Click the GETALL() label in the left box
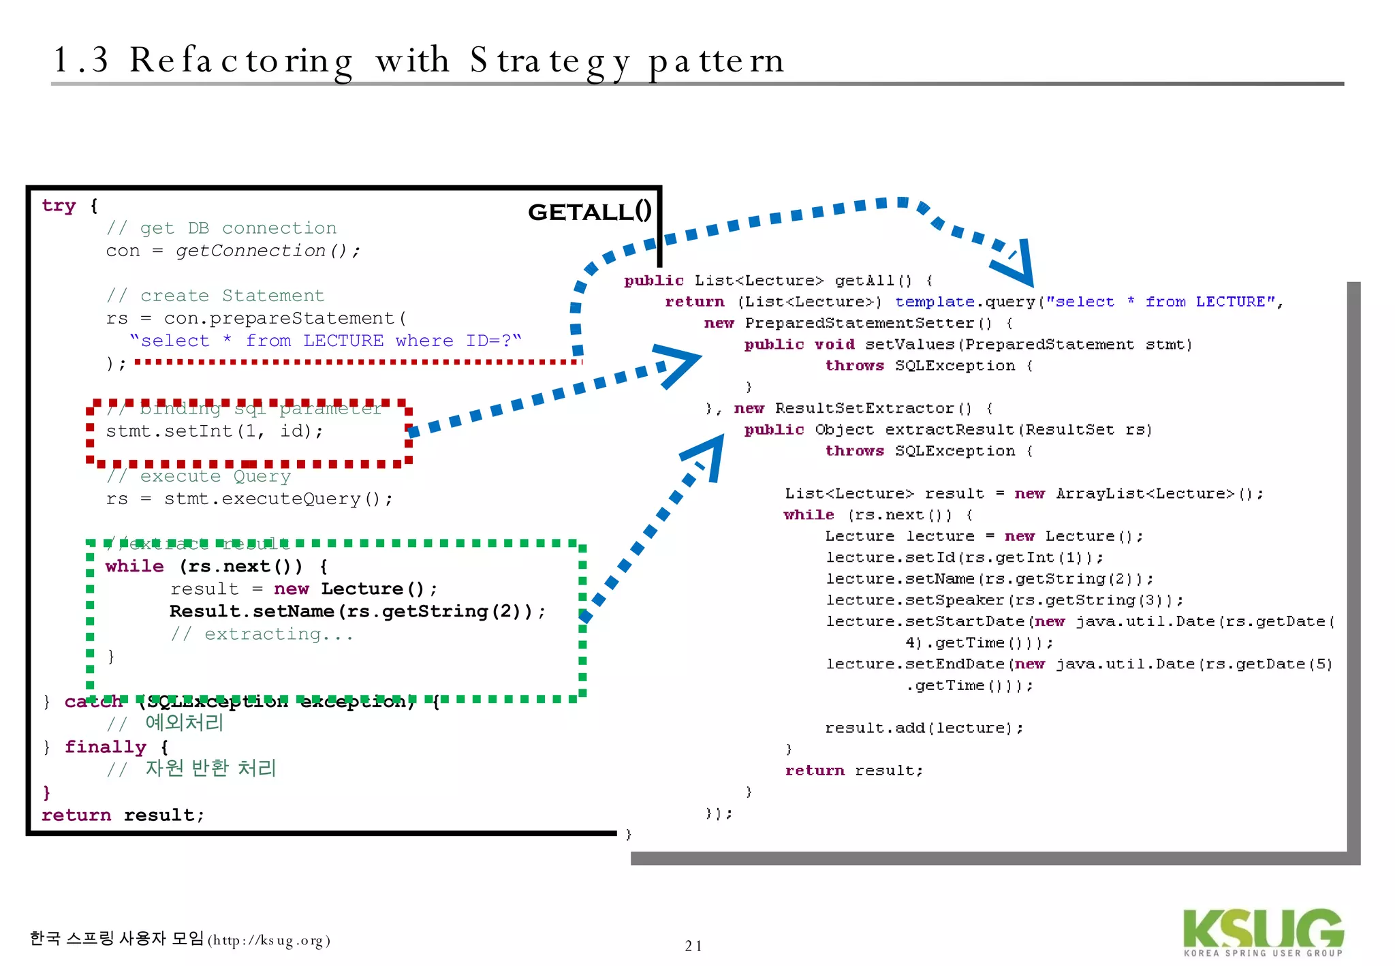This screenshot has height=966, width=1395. (590, 212)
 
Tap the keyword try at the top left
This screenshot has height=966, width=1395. (59, 206)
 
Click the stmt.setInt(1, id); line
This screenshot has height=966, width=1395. (215, 431)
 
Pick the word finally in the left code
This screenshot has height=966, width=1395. (106, 747)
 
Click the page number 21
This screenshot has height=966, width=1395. (693, 946)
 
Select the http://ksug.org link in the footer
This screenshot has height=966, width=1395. (269, 941)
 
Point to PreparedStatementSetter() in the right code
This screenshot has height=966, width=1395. (868, 323)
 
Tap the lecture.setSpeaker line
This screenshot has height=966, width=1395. (1005, 600)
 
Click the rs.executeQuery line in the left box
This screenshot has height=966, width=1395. (249, 499)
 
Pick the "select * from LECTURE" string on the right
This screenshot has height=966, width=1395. (1160, 302)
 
